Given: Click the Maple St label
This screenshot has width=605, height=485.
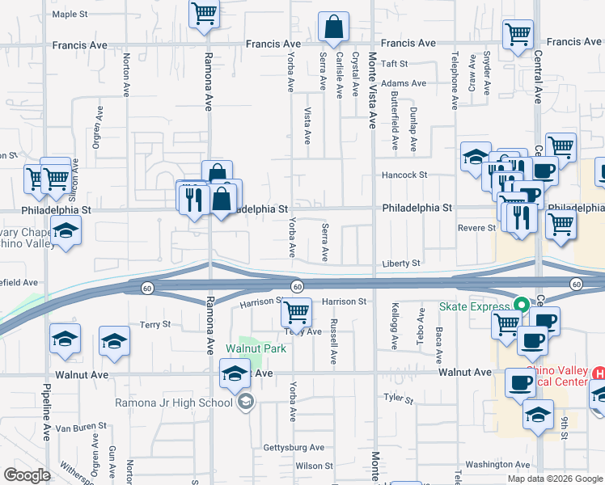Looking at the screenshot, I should pyautogui.click(x=70, y=15).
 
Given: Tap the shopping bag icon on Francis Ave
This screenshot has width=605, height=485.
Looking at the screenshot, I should pyautogui.click(x=333, y=27).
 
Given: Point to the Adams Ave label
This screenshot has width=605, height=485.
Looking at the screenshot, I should pyautogui.click(x=404, y=83).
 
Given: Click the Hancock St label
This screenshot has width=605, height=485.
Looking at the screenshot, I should pyautogui.click(x=404, y=175).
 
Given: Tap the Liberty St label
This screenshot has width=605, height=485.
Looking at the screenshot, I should pyautogui.click(x=402, y=264).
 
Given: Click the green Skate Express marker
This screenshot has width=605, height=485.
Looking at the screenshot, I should pyautogui.click(x=522, y=306).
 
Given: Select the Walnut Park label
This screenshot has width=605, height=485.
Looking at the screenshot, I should pyautogui.click(x=256, y=348).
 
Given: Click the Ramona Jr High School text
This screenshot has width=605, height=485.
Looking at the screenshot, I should pyautogui.click(x=185, y=402).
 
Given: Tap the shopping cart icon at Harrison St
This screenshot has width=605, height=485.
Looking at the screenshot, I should pyautogui.click(x=298, y=312).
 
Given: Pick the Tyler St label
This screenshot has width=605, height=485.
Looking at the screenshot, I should pyautogui.click(x=398, y=399).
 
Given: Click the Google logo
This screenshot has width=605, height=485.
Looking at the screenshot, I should pyautogui.click(x=27, y=475).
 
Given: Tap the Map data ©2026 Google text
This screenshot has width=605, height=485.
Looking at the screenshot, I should pyautogui.click(x=554, y=479).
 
